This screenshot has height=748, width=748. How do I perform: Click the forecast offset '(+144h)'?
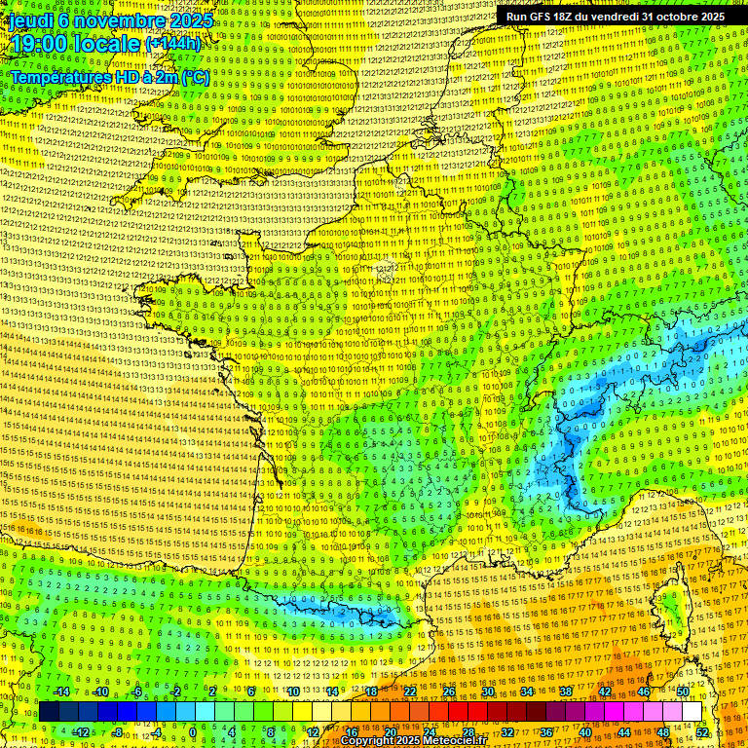(172, 44)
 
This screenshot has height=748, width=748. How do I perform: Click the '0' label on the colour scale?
(193, 732)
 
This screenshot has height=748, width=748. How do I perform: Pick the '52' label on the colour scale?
(702, 732)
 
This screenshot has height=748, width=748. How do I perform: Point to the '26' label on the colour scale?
(449, 692)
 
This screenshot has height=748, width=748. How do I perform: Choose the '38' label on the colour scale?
(566, 692)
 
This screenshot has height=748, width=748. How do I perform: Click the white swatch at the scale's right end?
(692, 712)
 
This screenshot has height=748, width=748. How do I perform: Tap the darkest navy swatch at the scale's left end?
(49, 712)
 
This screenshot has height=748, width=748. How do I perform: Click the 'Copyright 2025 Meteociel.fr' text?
(413, 741)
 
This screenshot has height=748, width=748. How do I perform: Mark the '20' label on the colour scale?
(390, 732)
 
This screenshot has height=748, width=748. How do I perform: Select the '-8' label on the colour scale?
(117, 732)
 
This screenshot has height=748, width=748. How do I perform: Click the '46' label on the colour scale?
(644, 692)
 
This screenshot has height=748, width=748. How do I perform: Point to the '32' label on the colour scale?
(506, 732)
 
